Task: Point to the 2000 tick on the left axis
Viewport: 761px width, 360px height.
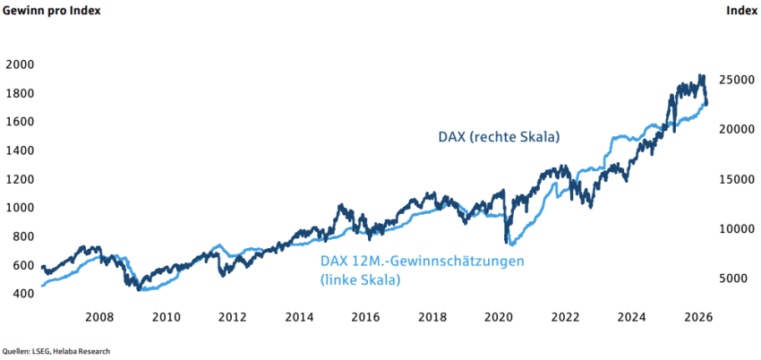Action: click(19, 64)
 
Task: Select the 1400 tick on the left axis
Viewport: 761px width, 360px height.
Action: click(19, 150)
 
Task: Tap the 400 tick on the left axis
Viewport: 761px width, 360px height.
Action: click(19, 294)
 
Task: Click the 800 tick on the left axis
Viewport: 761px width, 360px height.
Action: click(19, 236)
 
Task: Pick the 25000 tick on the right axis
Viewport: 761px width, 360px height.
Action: click(739, 80)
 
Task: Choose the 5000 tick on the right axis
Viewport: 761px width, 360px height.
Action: click(739, 279)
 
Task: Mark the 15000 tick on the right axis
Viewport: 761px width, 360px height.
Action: click(739, 180)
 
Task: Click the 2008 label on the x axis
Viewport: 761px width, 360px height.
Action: click(98, 317)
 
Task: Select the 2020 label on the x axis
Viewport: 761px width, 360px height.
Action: click(499, 317)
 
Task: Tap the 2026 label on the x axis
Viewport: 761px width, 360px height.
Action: click(698, 317)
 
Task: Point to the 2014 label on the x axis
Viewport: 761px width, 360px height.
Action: click(298, 317)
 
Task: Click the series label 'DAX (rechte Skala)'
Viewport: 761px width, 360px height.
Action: click(499, 137)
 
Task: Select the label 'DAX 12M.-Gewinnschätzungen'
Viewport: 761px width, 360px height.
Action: click(421, 261)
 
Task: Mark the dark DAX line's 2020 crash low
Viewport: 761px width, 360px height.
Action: click(508, 242)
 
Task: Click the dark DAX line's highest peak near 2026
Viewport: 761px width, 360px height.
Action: click(701, 76)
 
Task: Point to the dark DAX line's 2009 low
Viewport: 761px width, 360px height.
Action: click(138, 288)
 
